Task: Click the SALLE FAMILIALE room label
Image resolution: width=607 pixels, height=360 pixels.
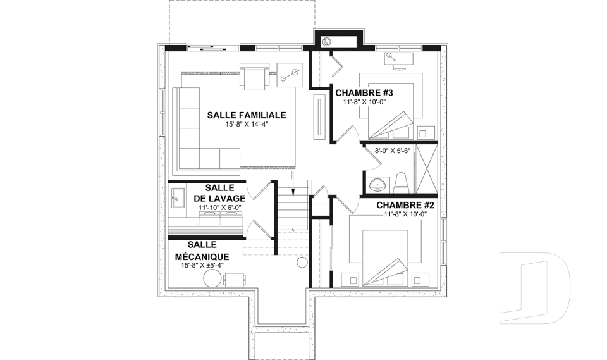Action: (x=247, y=115)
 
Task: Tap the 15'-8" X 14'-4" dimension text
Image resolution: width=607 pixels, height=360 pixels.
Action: (x=247, y=125)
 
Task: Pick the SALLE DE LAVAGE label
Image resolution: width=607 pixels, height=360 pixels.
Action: (x=219, y=193)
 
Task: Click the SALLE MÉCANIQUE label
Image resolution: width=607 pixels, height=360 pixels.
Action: (x=201, y=251)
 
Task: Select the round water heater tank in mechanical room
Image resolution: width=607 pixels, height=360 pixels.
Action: (x=301, y=264)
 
